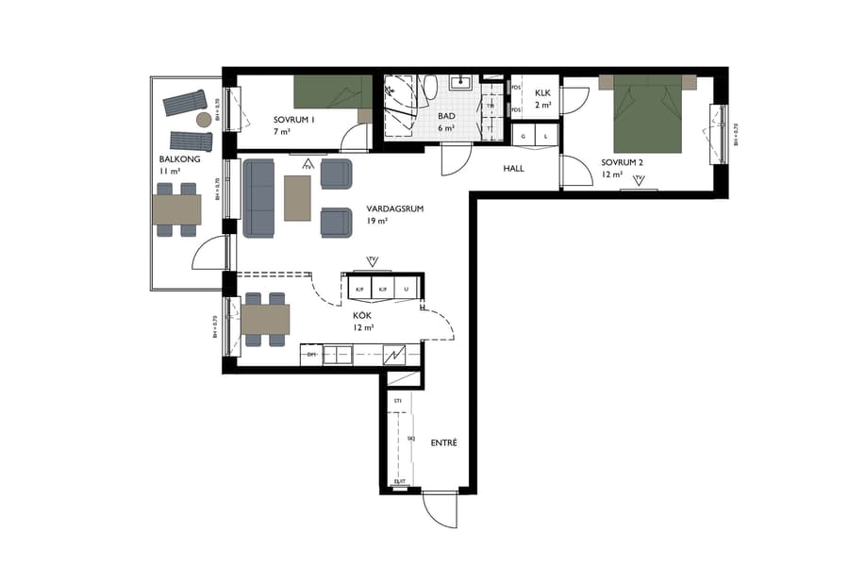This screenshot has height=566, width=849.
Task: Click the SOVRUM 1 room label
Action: click(294, 121)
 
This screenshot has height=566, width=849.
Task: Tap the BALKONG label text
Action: click(176, 159)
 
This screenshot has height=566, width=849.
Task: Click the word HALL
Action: click(513, 169)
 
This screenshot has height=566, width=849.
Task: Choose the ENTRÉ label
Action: click(443, 442)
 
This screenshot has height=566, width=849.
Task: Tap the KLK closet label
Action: click(542, 92)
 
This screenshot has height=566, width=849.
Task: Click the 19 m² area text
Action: click(377, 222)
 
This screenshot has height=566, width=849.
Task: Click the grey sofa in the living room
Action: click(258, 197)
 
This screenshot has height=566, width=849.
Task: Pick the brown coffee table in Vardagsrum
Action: click(298, 197)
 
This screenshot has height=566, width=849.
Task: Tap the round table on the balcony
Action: click(204, 120)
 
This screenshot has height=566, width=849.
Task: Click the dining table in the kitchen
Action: click(265, 320)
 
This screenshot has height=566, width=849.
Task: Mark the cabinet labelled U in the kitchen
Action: click(407, 288)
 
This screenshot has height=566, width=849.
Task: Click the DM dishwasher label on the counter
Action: click(310, 355)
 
